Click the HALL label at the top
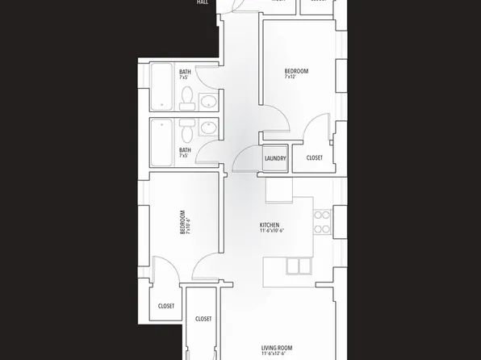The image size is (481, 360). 203,2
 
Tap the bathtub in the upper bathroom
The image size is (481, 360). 161,86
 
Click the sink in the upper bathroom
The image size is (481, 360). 208,102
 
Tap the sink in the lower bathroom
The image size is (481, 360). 208,128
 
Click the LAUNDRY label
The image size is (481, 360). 275,158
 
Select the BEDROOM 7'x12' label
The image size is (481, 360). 296,73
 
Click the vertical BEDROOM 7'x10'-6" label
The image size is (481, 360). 185,223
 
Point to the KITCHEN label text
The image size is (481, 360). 270,225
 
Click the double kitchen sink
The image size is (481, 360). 297,266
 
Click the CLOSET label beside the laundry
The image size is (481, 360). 314,158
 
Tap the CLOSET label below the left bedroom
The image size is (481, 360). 166,306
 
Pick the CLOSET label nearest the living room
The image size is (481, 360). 203,319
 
